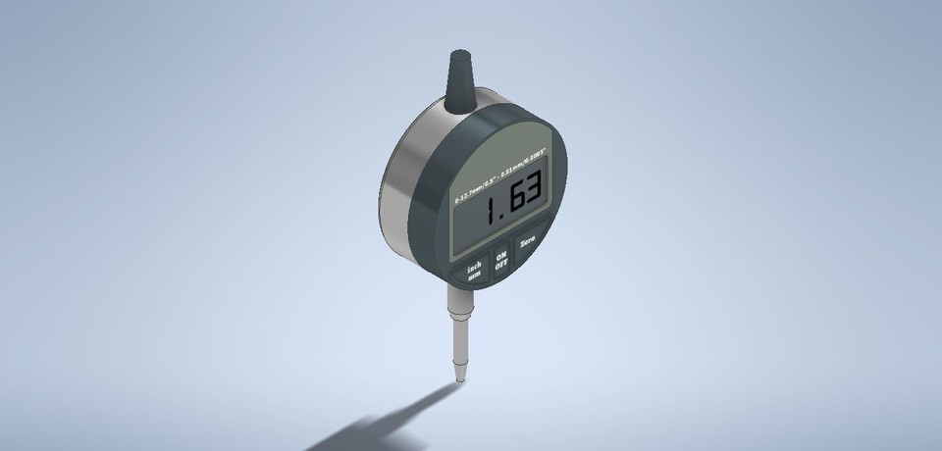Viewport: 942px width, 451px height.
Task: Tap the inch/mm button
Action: click(x=473, y=269)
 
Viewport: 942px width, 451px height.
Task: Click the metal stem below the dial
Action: click(x=458, y=338)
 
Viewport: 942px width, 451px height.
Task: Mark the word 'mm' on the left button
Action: click(x=475, y=276)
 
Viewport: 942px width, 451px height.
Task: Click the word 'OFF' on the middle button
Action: click(x=502, y=263)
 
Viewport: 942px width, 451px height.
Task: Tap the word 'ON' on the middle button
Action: click(x=500, y=251)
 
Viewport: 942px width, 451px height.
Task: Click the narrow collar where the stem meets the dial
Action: click(x=458, y=294)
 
